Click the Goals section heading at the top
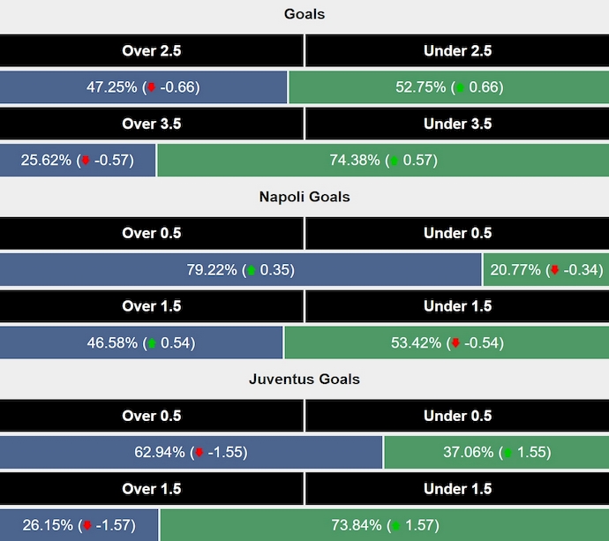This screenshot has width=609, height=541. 304,14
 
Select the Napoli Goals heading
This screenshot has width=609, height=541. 304,197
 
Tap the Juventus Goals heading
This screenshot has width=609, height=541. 304,379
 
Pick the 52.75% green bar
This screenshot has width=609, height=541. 448,87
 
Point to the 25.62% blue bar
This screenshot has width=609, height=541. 78,161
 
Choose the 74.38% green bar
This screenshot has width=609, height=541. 382,161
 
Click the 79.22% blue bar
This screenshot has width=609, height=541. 240,270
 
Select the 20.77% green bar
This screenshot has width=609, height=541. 545,270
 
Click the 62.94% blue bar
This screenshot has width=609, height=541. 192,453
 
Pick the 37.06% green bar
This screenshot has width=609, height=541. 496,453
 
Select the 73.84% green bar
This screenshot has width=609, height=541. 384,526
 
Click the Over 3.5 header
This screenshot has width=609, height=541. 152,124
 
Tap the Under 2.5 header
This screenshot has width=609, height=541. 457,51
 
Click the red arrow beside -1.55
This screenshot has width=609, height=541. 199,453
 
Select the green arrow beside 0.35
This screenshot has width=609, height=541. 251,270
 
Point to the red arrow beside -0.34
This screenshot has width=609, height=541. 554,270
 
